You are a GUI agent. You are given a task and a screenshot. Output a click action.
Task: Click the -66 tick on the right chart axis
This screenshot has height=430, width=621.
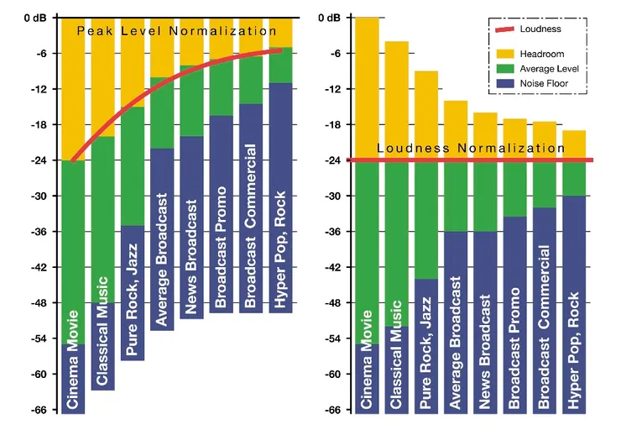(x=334, y=410)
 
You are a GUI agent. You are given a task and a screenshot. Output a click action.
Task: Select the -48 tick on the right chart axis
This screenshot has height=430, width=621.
(x=334, y=303)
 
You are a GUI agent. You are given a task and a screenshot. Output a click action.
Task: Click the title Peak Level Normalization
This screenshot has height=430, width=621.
(x=176, y=31)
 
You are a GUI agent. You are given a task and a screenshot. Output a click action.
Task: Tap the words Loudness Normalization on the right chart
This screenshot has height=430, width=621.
(x=471, y=149)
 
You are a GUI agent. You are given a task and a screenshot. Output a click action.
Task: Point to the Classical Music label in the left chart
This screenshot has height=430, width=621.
(x=102, y=331)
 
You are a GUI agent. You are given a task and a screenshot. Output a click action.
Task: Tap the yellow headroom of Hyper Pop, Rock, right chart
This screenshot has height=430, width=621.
(x=574, y=144)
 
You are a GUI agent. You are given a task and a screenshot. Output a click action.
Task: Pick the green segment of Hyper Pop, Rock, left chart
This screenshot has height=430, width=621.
(x=281, y=66)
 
